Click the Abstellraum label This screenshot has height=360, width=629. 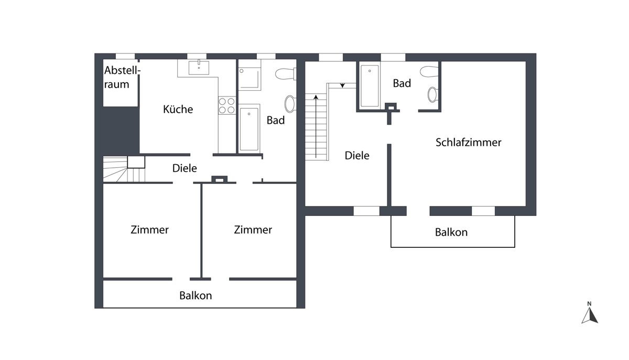tap(122, 77)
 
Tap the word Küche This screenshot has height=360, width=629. tap(178, 109)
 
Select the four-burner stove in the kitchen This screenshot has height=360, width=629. tap(227, 105)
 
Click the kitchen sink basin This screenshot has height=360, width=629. tap(199, 68)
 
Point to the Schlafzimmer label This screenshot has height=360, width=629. tap(469, 143)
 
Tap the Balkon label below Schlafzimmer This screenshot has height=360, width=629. tap(451, 232)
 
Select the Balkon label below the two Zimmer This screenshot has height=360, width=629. tap(196, 296)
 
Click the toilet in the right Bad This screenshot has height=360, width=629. tap(429, 71)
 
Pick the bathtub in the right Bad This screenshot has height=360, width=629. tap(370, 85)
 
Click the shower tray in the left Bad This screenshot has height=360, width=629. tap(250, 79)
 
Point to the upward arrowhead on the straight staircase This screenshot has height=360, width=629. tap(316, 97)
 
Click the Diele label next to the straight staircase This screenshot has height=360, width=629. tap(357, 155)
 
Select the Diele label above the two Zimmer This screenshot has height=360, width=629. tap(185, 168)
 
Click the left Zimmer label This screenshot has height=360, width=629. tap(150, 230)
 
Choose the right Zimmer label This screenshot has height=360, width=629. tap(253, 230)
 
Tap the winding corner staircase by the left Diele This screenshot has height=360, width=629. tap(124, 169)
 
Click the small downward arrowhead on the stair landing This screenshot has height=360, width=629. tap(342, 85)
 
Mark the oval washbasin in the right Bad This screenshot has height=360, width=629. tap(432, 95)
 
